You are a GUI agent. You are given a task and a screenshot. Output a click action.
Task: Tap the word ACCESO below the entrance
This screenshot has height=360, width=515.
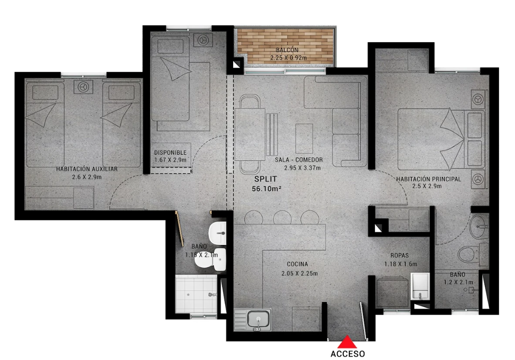click(x=348, y=354)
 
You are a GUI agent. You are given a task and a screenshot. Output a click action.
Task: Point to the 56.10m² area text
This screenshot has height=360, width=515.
click(x=266, y=189)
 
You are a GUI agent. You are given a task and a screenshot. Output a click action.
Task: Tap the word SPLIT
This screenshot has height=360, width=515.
click(x=266, y=179)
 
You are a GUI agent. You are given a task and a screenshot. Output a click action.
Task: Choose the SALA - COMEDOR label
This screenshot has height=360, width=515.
click(x=299, y=160)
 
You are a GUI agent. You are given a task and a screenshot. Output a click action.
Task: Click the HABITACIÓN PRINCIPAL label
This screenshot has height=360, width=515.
click(x=429, y=179)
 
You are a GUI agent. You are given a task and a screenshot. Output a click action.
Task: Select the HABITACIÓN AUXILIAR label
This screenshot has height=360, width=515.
click(x=87, y=169)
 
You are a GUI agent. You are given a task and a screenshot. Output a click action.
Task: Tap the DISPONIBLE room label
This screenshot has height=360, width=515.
click(x=170, y=153)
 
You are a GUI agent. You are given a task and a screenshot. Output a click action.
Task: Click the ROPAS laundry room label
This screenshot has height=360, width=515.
click(x=400, y=255)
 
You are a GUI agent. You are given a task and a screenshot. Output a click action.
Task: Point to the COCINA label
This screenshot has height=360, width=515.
click(x=298, y=264)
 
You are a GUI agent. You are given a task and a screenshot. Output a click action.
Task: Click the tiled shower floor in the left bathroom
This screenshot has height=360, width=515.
click(x=196, y=294)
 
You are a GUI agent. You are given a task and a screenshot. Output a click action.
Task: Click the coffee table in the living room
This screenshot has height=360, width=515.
click(x=304, y=138)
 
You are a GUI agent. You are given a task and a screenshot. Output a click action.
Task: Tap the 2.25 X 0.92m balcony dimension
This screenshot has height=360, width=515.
click(x=288, y=58)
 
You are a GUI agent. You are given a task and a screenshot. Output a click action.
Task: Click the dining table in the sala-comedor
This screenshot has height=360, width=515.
click(x=250, y=134)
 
